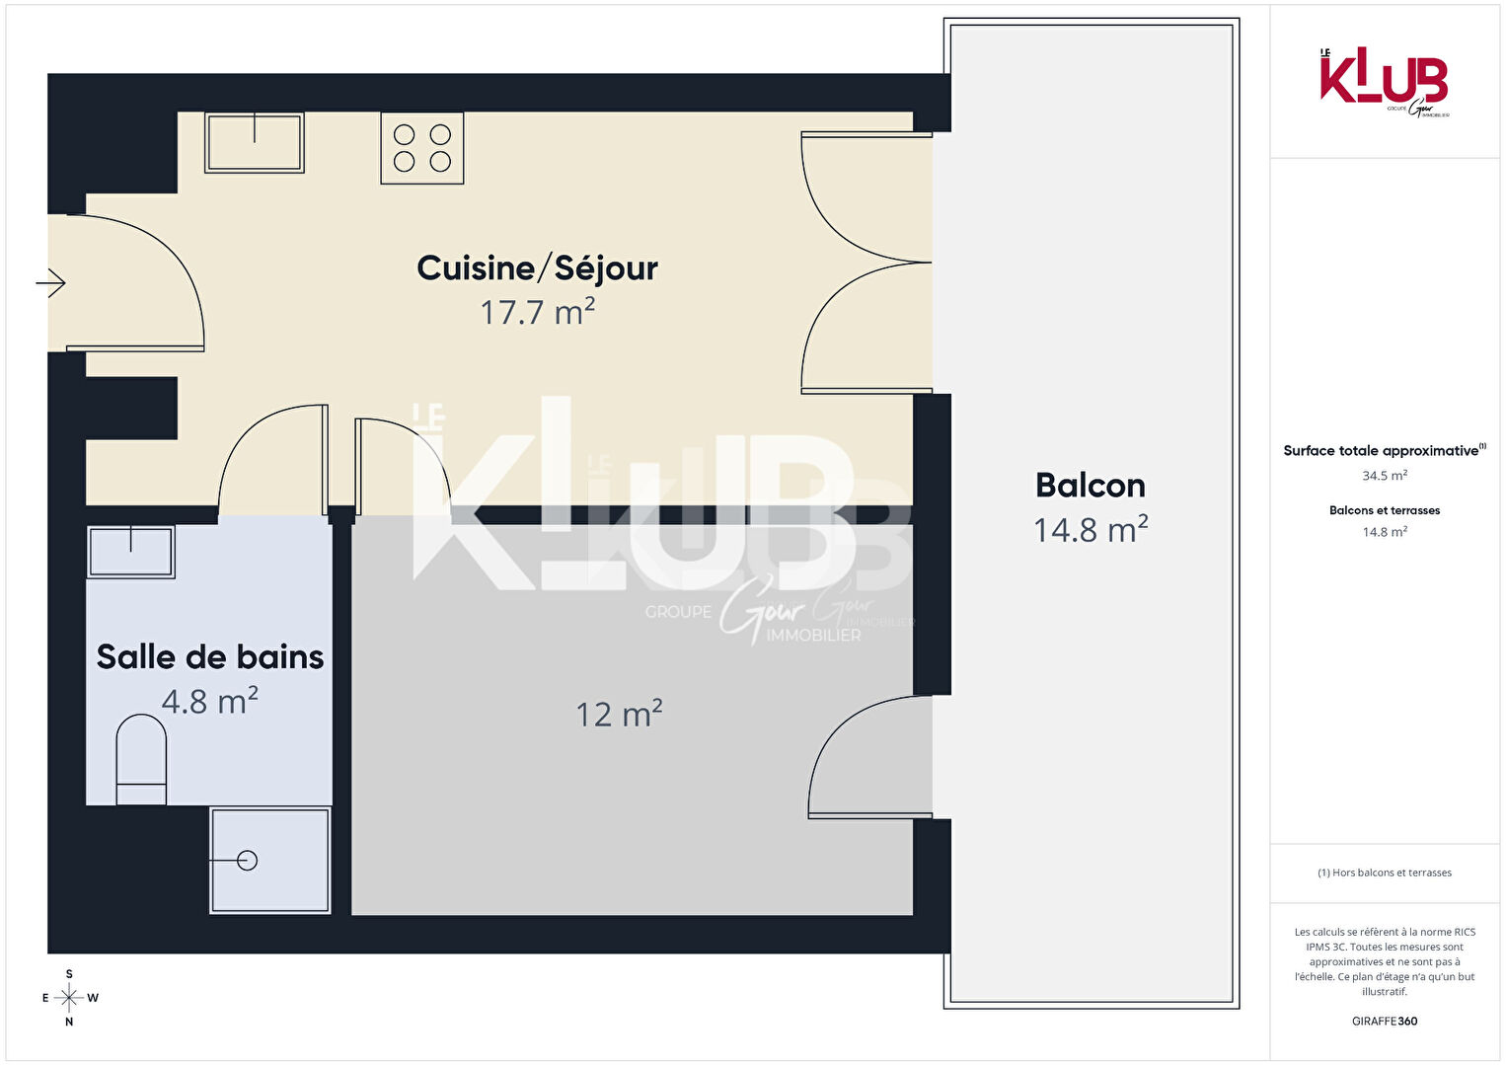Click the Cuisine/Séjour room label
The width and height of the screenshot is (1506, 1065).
(537, 268)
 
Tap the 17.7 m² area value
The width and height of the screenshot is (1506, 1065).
(537, 312)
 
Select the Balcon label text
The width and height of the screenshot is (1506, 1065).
(1090, 486)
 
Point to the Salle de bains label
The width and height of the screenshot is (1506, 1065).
(210, 657)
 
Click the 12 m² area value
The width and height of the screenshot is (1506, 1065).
(619, 714)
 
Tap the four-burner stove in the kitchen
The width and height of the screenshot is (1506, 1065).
(422, 148)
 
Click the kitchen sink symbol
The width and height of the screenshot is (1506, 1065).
(255, 142)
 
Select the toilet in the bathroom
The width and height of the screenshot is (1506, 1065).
(141, 759)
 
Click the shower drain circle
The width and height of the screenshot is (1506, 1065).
(248, 860)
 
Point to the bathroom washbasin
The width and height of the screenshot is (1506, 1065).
(130, 552)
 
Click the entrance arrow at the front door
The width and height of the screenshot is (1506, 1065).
(50, 282)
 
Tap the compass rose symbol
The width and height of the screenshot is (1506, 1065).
(69, 998)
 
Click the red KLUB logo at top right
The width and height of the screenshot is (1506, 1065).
(1384, 82)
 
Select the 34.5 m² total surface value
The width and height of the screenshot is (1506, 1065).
(1385, 476)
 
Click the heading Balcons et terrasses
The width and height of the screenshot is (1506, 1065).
(1385, 510)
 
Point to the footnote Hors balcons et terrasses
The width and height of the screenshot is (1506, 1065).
(1385, 873)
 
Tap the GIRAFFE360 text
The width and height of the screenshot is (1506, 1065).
(1385, 1021)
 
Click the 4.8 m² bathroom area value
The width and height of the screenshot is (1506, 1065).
(210, 701)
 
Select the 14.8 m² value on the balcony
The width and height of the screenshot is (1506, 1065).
(1090, 530)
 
